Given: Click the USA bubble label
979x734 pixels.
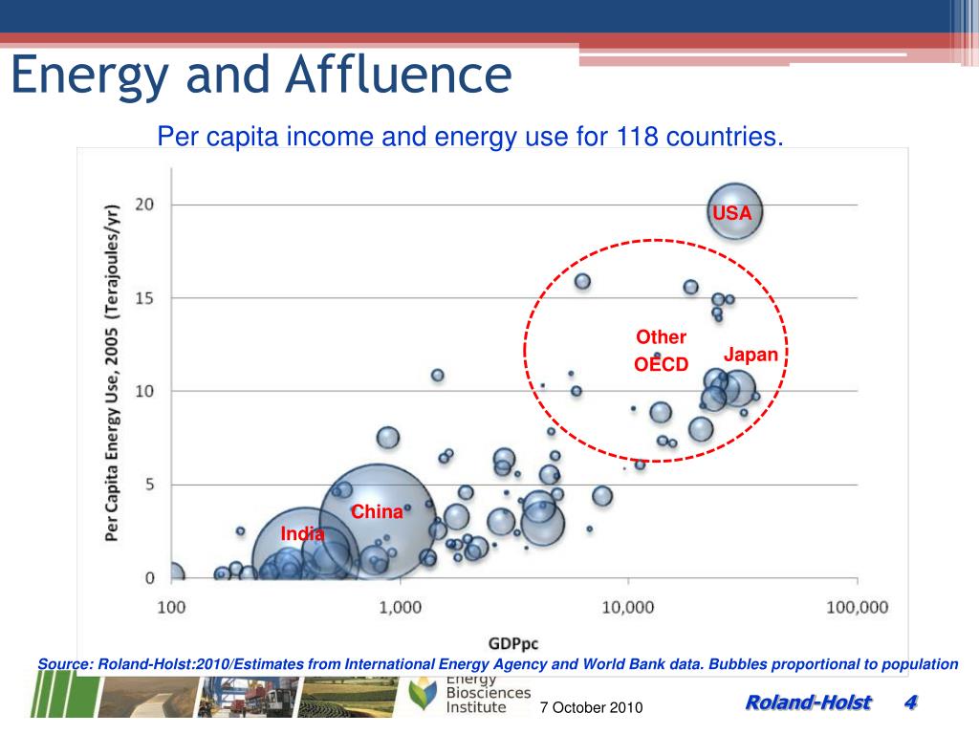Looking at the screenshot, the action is point(732,213).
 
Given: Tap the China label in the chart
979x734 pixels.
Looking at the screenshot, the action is point(377,512).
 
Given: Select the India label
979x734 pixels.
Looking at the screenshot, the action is point(302,533).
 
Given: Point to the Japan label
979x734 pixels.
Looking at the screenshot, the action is point(751,355).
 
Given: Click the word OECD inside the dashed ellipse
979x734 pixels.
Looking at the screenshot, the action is point(662,364).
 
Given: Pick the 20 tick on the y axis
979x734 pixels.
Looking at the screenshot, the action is point(144,205).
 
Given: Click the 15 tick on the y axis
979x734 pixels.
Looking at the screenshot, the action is point(144,298).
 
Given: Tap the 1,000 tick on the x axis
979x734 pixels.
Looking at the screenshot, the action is point(401,607).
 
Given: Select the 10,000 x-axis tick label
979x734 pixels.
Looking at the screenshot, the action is point(627,607).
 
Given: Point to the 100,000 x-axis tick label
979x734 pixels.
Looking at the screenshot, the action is point(858,607).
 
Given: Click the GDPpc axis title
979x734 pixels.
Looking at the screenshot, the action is point(513,643).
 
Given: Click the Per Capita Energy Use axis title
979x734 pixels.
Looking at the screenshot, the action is point(112,373).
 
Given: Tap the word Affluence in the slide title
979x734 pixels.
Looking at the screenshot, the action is point(399,75).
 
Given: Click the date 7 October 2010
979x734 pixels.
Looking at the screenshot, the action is point(591,707).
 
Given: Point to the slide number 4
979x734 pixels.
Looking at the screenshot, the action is point(911,702).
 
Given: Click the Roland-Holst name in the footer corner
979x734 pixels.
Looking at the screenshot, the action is point(809,702).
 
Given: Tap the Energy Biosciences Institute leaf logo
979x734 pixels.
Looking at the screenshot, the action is point(424,694).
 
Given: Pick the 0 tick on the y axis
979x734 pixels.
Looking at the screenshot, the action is point(150,578).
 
